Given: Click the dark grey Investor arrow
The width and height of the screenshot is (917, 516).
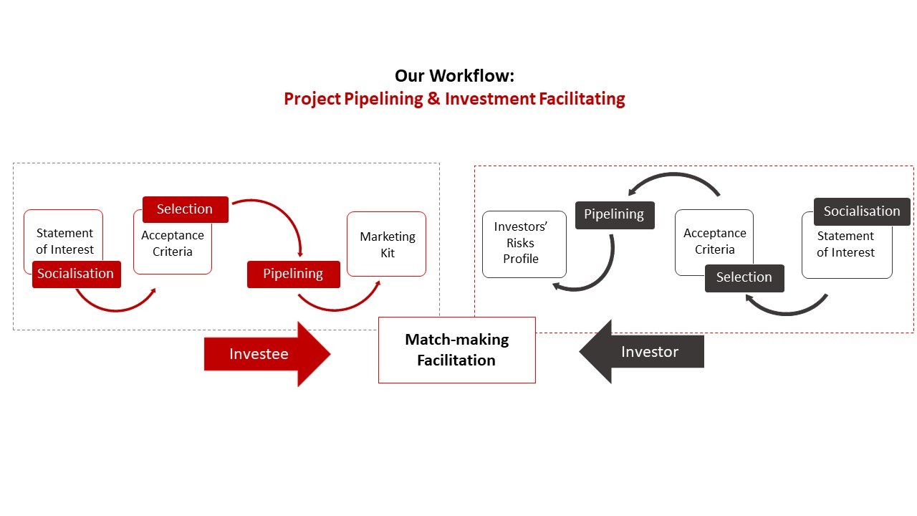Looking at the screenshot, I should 645,352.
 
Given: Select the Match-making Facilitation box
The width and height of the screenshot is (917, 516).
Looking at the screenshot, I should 456,350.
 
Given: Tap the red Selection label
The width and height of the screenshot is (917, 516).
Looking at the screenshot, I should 185,209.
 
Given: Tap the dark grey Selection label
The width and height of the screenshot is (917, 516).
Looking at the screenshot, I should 744,278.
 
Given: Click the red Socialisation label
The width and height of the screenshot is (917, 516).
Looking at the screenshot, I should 76,274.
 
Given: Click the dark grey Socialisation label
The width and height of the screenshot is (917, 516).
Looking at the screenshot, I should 861,211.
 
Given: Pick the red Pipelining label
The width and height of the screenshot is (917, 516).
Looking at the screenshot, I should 293,274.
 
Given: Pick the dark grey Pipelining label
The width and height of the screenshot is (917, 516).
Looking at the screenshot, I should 615,214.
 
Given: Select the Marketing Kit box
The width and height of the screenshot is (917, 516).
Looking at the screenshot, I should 387,244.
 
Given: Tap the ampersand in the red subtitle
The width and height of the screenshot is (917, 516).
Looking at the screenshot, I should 433,99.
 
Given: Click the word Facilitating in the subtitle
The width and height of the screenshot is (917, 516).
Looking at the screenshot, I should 580,99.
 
